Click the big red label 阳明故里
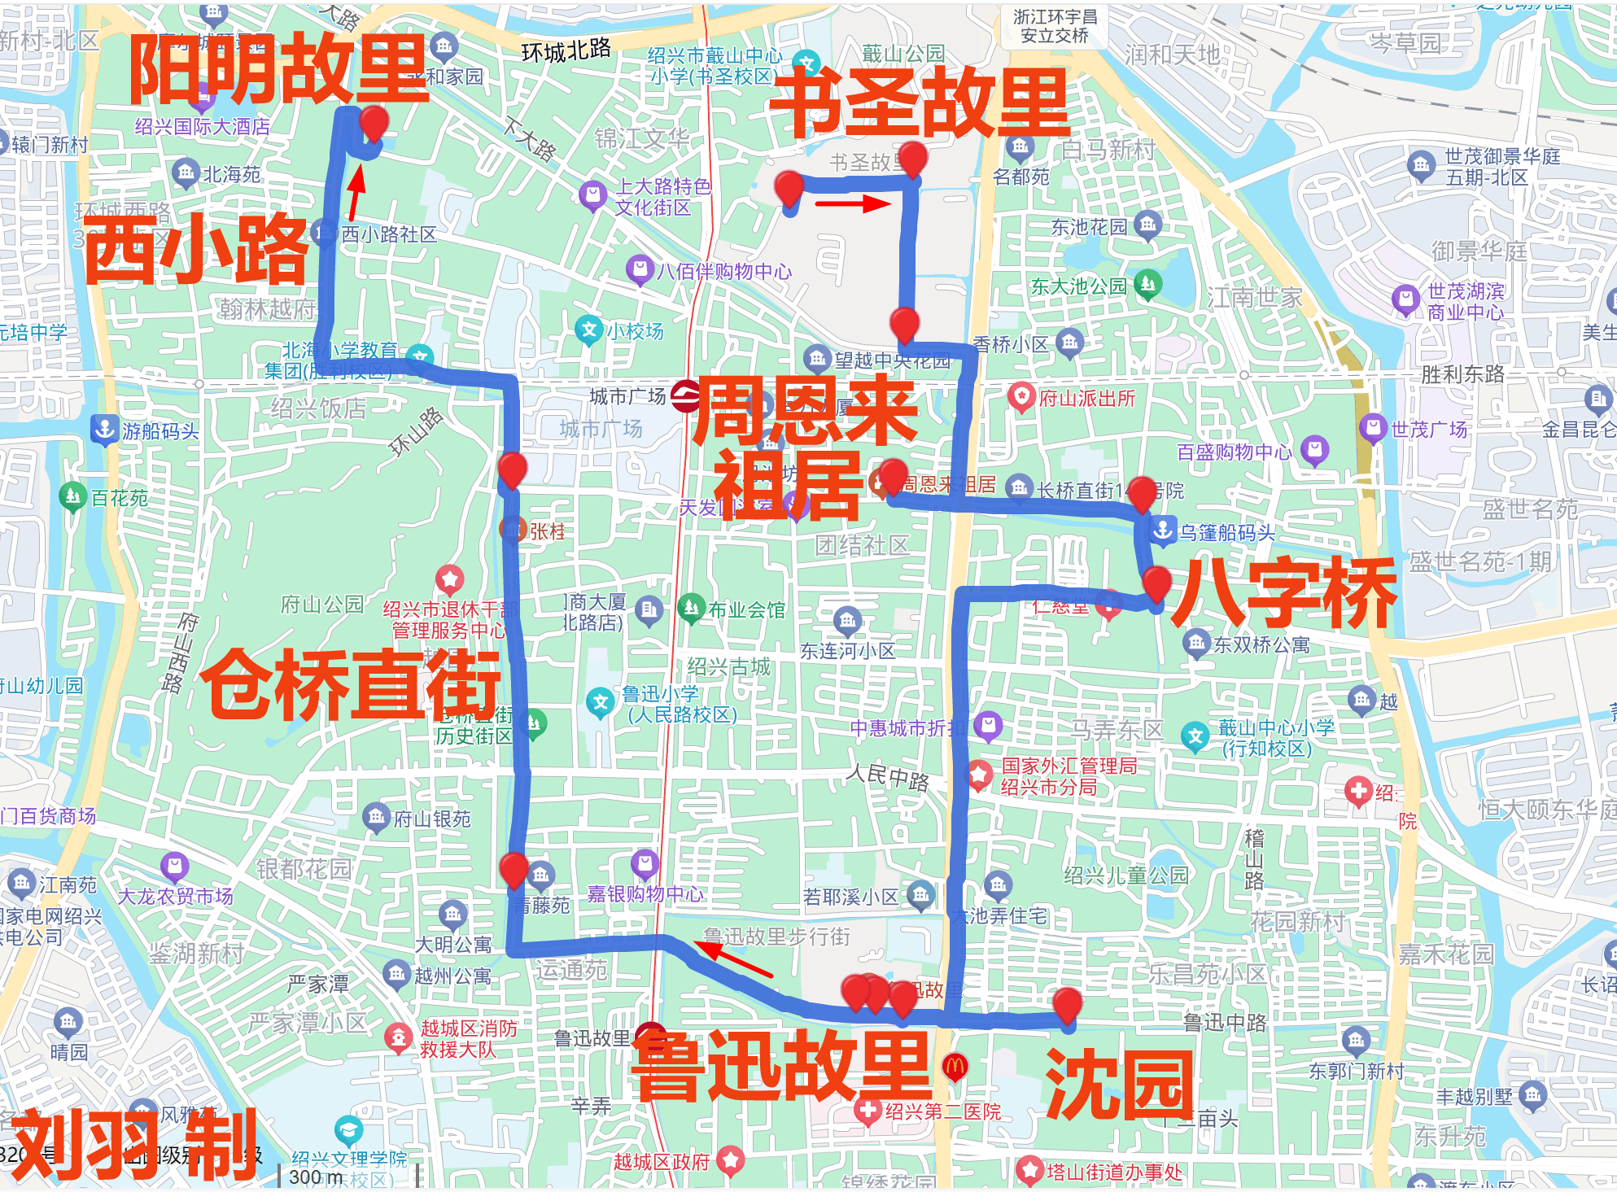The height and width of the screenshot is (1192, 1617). (278, 69)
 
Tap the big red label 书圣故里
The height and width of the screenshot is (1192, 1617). (919, 103)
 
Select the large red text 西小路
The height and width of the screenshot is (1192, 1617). (196, 249)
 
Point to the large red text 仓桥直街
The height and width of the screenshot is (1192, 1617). (351, 684)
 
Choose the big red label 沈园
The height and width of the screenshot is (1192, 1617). (1120, 1084)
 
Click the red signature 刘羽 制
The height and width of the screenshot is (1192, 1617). (134, 1146)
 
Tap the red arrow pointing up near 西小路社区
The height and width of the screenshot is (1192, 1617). (355, 193)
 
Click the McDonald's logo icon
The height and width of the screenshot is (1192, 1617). (955, 1066)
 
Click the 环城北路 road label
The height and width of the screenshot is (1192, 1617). (566, 51)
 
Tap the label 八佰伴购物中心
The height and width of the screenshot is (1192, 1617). (723, 271)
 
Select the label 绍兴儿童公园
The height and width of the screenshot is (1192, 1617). (1126, 875)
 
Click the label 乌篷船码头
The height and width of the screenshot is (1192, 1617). (1227, 533)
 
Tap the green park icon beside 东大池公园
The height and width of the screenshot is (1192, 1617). (1148, 284)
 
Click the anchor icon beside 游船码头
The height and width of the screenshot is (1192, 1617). (104, 429)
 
